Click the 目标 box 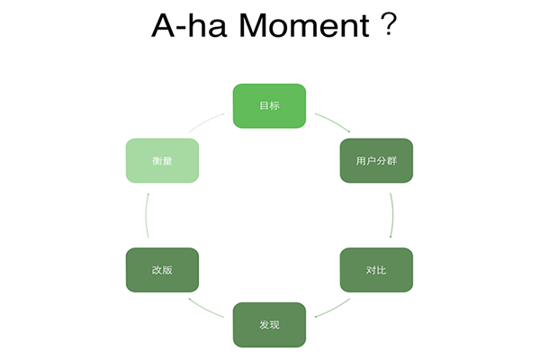tap(269, 106)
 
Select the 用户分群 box tap(376, 160)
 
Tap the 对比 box tap(376, 270)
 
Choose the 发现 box tap(269, 325)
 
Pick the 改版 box tap(162, 270)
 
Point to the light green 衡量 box tap(162, 160)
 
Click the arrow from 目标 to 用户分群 tap(333, 121)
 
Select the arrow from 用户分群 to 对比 tap(393, 215)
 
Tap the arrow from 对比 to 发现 tap(333, 310)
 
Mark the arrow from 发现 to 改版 tap(205, 310)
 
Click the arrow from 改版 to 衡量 tap(146, 215)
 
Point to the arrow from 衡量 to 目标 tap(205, 121)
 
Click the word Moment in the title tap(304, 25)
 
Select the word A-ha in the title tap(189, 25)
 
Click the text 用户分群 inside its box tap(376, 161)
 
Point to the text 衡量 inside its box tap(162, 161)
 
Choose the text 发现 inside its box tap(269, 325)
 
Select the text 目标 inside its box tap(269, 106)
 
